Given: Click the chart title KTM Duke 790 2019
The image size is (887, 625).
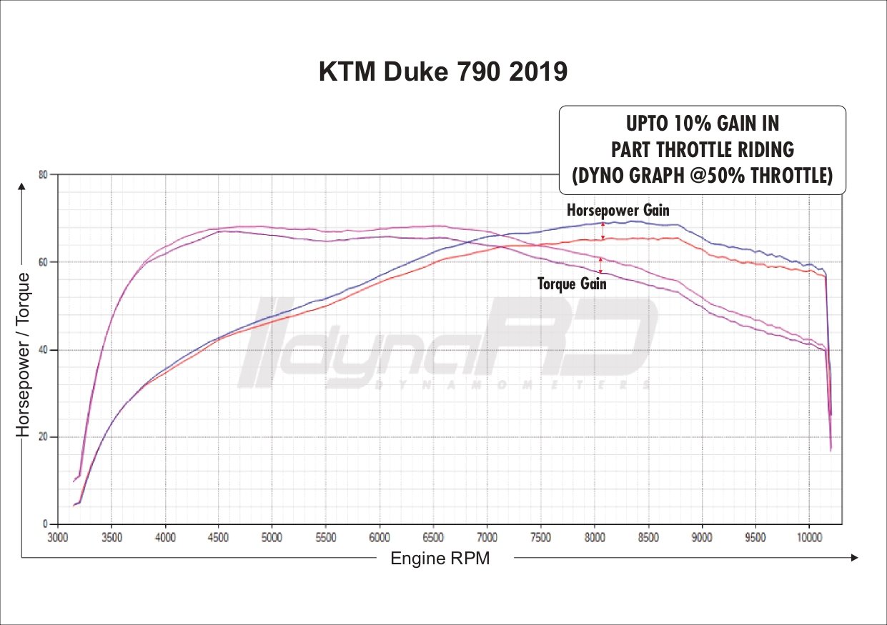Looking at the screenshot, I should [442, 71].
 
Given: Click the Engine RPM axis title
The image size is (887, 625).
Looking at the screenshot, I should [440, 559].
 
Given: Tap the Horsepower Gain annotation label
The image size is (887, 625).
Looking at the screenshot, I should [618, 210].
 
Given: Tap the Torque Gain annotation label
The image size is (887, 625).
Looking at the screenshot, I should [572, 284].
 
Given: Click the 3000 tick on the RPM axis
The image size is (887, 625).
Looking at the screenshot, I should [58, 536].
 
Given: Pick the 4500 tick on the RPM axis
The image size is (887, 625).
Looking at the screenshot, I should [219, 536].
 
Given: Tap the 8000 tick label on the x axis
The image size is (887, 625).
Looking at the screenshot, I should [595, 536].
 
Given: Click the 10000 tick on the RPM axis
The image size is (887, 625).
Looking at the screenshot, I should [809, 536].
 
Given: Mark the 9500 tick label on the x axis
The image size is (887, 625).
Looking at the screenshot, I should [755, 536].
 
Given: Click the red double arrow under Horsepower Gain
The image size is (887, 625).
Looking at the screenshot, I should [603, 231].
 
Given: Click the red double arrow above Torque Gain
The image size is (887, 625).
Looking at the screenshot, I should [600, 265].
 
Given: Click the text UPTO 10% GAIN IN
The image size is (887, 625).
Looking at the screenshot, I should [702, 124].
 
